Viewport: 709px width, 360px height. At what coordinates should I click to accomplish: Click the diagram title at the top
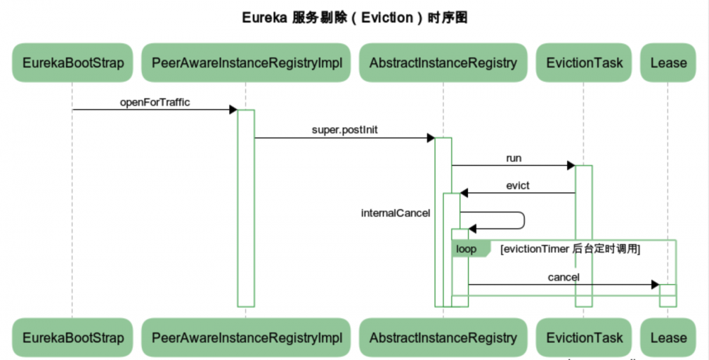coord(354,18)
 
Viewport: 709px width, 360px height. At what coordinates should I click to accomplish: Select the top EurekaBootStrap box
coord(73,62)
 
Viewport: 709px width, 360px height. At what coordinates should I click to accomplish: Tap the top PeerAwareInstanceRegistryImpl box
coord(247,62)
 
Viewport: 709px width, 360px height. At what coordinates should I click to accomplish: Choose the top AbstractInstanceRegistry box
coord(443,62)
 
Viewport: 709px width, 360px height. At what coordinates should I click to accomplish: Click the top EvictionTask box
coord(584,62)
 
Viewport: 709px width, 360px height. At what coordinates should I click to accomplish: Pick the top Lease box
coord(668,62)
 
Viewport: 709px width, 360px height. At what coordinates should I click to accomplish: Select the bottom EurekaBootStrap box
coord(73,337)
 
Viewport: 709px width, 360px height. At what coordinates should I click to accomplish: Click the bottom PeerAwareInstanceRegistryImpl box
coord(247,337)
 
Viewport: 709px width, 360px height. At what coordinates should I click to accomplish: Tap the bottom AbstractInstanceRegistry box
coord(443,337)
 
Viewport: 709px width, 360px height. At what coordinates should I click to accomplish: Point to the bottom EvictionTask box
coord(584,337)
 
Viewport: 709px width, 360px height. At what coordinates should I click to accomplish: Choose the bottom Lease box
coord(668,337)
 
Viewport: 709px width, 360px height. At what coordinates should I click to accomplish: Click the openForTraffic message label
coord(155,102)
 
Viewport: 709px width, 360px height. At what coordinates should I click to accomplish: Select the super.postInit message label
coord(345,130)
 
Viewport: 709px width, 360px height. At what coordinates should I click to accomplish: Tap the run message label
coord(514,158)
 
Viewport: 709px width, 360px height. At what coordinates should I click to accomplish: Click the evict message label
coord(518,186)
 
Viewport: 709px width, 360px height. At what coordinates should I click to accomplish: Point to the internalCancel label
coord(396,213)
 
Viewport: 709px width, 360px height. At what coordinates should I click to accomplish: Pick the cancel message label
coord(564,277)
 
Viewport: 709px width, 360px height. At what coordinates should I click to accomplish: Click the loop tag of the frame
coord(467,249)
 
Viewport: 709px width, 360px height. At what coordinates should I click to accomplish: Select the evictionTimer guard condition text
coord(570,249)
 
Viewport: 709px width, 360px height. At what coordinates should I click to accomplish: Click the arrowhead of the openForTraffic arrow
coord(233,110)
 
